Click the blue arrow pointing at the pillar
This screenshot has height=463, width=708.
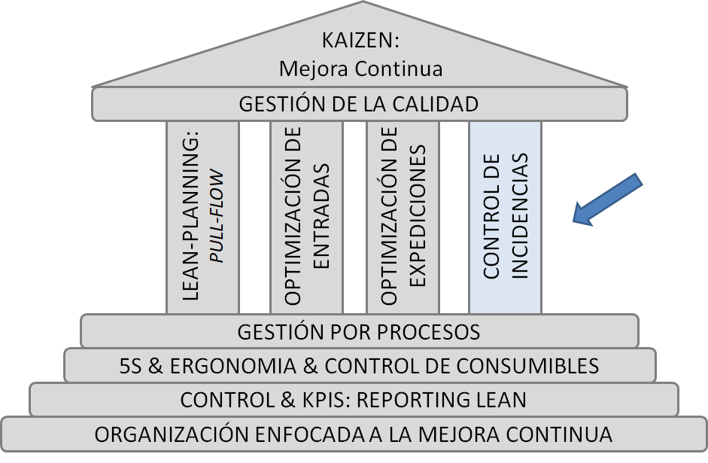pyautogui.click(x=608, y=199)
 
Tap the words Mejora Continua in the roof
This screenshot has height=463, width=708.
pyautogui.click(x=360, y=69)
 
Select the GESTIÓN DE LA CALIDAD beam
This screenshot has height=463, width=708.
pyautogui.click(x=359, y=104)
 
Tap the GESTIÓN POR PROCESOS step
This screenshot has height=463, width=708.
pyautogui.click(x=359, y=331)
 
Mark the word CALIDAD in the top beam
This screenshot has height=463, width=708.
pyautogui.click(x=442, y=104)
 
